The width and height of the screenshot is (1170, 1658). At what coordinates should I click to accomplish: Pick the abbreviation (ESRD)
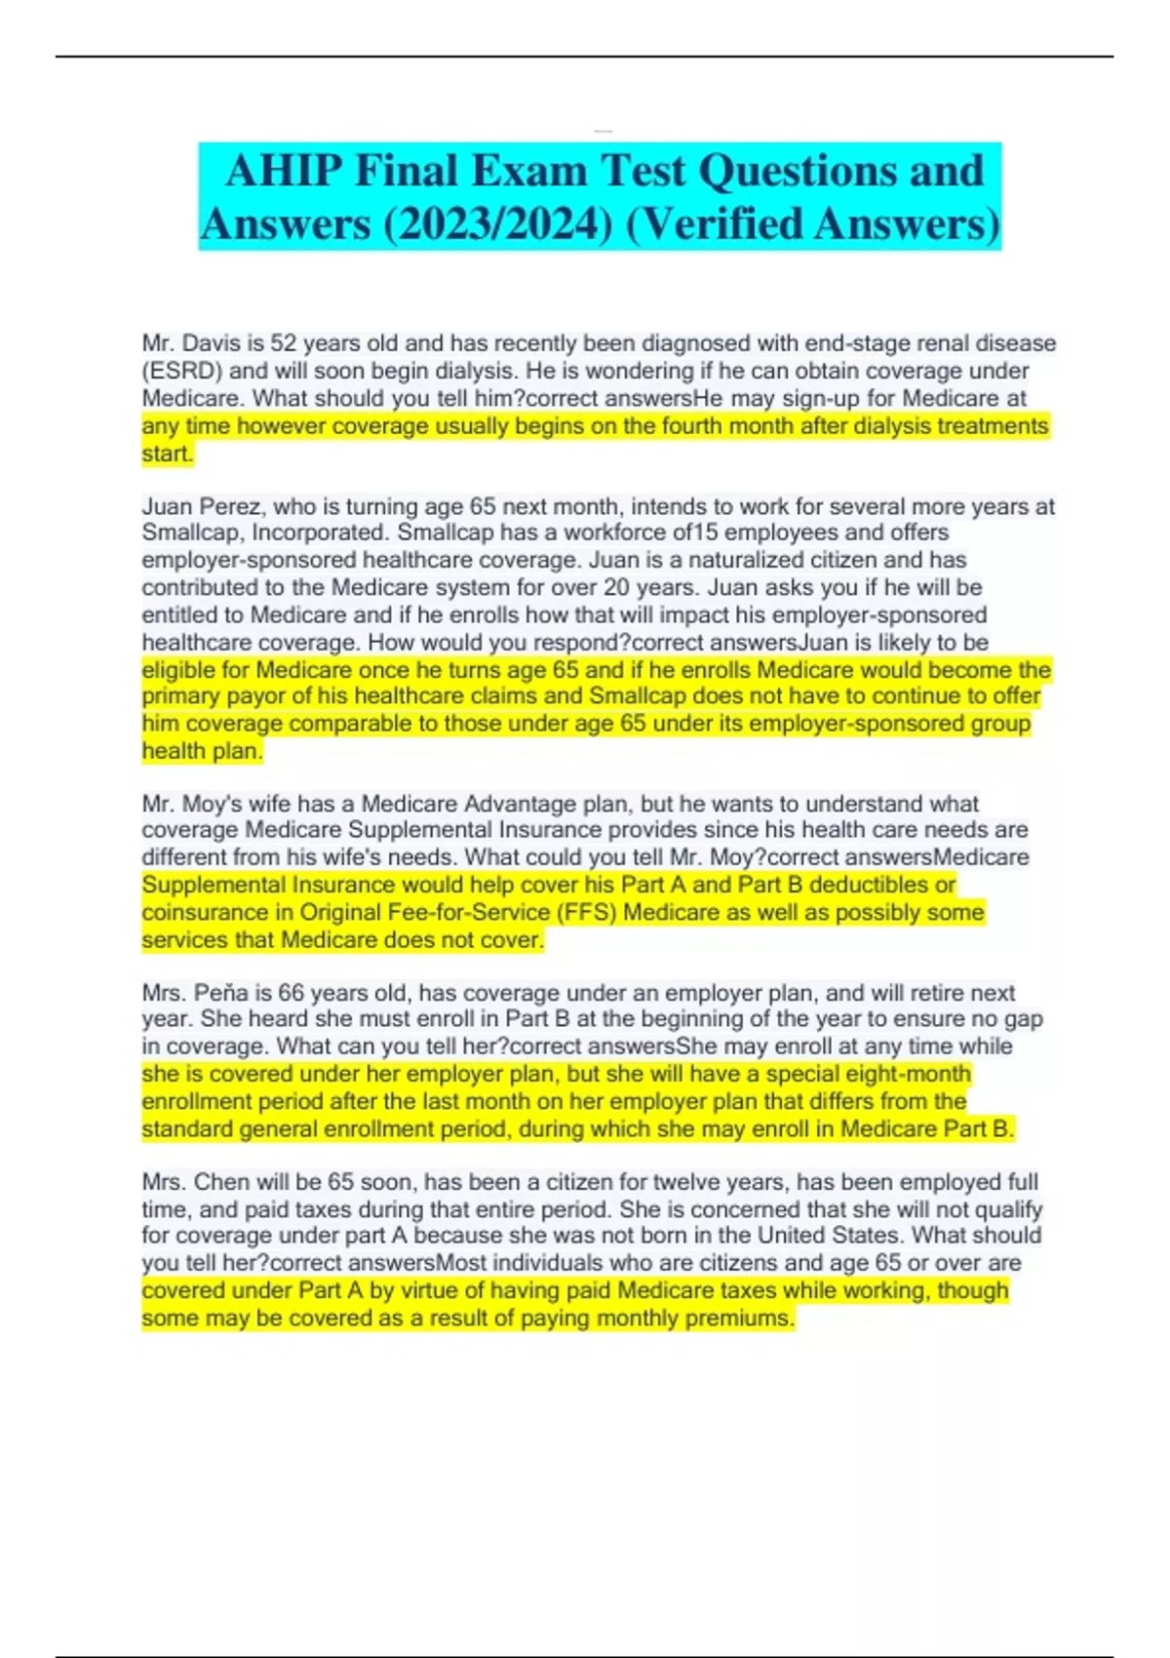[182, 371]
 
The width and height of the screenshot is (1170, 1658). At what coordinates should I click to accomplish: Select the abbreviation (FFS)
[586, 912]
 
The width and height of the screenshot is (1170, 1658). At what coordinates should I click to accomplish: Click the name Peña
[221, 993]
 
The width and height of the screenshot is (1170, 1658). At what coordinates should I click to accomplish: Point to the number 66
[292, 993]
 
